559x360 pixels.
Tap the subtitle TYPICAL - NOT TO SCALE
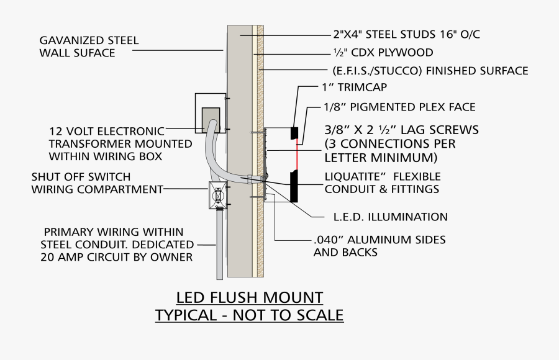point(249,315)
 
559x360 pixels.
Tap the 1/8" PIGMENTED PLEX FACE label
point(399,107)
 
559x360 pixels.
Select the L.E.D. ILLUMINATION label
point(387,217)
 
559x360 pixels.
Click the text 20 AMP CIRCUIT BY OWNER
point(117,257)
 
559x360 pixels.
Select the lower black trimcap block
point(293,187)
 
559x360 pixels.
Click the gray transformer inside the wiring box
point(211,120)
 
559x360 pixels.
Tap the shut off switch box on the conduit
point(217,196)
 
